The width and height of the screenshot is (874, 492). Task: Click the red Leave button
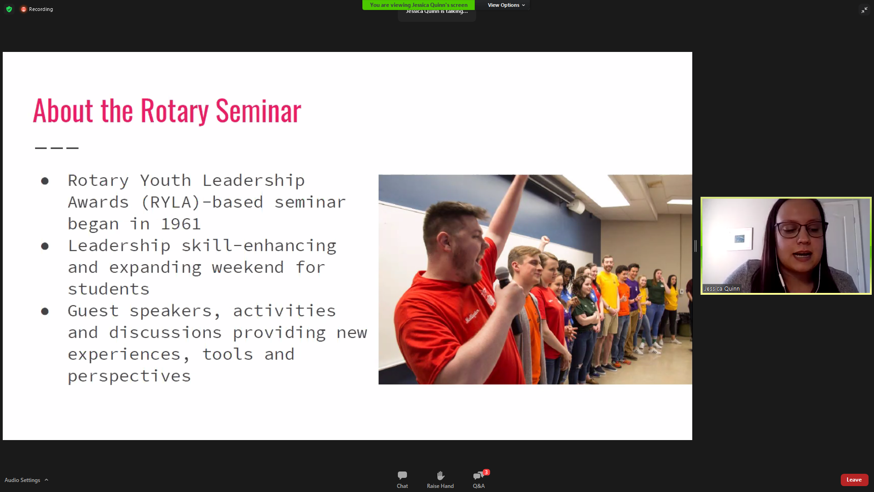click(854, 480)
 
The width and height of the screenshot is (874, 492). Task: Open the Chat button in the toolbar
click(402, 480)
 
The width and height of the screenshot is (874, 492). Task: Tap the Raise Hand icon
click(440, 476)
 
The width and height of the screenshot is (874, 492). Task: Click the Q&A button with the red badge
click(479, 480)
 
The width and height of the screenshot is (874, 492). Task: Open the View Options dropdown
click(506, 5)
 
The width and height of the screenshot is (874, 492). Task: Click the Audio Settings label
click(22, 480)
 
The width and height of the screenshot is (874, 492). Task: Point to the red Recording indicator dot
click(24, 9)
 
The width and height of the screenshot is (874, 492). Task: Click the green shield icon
click(9, 9)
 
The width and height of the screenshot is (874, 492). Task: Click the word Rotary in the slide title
click(175, 111)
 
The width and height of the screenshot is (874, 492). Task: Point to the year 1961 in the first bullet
click(181, 224)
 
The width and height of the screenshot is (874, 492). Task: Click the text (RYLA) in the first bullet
click(171, 202)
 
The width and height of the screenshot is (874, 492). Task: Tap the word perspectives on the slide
click(129, 377)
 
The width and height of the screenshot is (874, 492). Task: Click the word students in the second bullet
click(109, 289)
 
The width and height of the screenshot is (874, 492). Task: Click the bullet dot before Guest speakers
click(45, 312)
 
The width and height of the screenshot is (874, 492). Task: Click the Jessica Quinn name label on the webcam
click(722, 289)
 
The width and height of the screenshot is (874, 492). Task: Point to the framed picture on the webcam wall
click(739, 239)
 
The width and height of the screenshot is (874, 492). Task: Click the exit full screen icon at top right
click(864, 10)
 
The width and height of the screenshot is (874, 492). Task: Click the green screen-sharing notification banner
click(418, 5)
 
